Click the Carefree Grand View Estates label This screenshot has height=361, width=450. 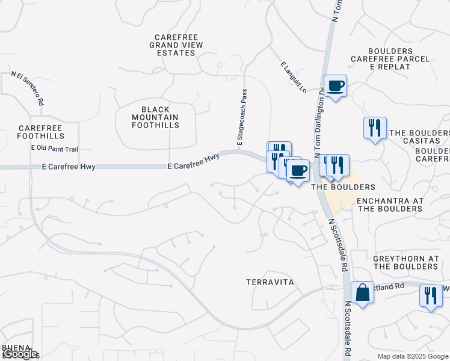tap(176, 45)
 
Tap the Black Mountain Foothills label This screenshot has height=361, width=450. tap(156, 117)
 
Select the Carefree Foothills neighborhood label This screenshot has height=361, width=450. tap(40, 132)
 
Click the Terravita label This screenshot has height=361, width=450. tap(270, 282)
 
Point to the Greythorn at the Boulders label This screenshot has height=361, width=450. tap(406, 262)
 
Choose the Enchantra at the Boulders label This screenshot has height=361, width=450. tap(390, 205)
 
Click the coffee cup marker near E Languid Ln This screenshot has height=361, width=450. tap(335, 85)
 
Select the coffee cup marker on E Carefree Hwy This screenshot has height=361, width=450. tap(297, 170)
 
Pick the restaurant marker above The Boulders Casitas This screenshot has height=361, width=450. tap(374, 128)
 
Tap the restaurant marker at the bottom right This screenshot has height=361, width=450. tap(431, 296)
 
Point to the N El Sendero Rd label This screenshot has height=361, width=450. tap(28, 89)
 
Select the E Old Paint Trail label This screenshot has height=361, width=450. tap(55, 149)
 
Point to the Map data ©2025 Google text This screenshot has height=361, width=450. tap(413, 356)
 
